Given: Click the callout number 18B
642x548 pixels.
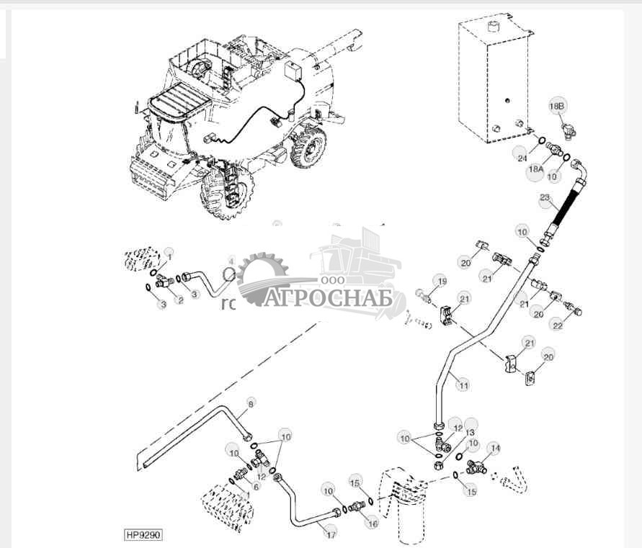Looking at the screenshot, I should coord(558,107).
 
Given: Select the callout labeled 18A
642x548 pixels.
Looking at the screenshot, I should coord(535,169).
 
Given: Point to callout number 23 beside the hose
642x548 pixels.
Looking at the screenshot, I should coord(544,197).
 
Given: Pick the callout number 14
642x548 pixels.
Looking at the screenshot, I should coord(494,447).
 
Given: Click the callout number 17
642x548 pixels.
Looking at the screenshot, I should coord(331,534).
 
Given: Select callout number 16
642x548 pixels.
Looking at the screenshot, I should coord(373,524).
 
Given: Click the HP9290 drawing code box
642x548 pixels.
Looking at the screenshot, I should coord(143,536).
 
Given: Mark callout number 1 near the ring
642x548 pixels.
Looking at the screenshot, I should coord(170,255).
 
